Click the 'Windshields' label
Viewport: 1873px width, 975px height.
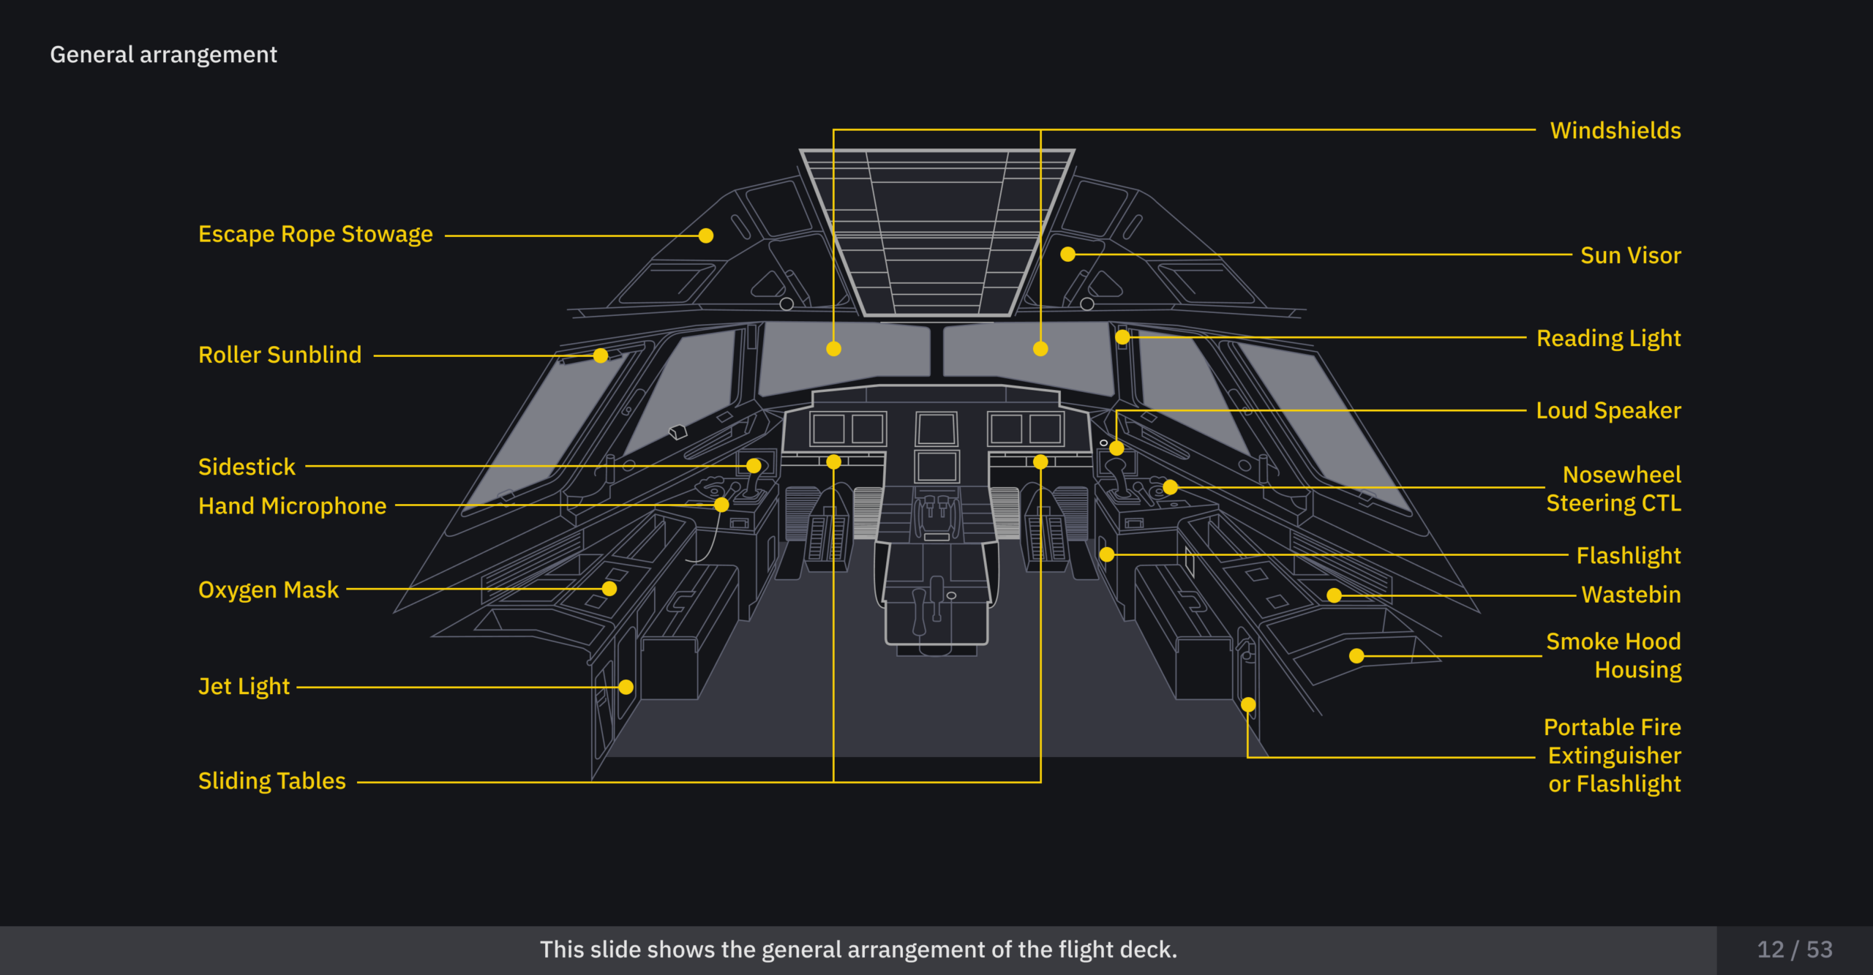[x=1615, y=130]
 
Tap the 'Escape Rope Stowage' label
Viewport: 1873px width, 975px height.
[x=315, y=234]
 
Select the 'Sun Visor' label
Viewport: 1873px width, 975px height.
[x=1631, y=255]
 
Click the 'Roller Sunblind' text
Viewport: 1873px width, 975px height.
[x=279, y=355]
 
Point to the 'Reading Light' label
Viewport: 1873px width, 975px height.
[x=1609, y=339]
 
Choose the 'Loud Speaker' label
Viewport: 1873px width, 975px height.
[x=1609, y=410]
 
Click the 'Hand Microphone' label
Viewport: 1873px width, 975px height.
[x=292, y=506]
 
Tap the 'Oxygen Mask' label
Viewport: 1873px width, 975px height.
[x=269, y=590]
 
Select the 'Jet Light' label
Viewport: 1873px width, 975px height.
[x=244, y=687]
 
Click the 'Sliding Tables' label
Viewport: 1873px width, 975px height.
[x=271, y=781]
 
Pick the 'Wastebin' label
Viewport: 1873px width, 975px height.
[x=1631, y=595]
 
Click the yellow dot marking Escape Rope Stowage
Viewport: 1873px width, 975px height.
[x=706, y=236]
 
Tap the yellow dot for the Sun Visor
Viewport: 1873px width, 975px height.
[x=1068, y=255]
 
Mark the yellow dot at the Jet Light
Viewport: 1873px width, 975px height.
[x=626, y=687]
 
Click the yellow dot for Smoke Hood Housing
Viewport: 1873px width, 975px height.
[x=1356, y=656]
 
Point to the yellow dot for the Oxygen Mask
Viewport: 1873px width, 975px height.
[x=609, y=589]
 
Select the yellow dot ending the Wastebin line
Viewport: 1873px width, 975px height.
[x=1335, y=595]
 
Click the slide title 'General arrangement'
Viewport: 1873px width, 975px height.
[x=163, y=55]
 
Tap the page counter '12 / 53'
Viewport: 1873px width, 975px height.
[x=1795, y=949]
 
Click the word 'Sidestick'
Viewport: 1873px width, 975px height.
[x=247, y=467]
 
